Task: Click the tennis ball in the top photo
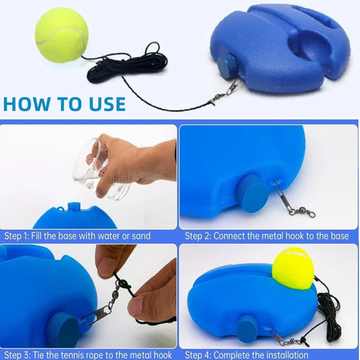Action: pyautogui.click(x=62, y=35)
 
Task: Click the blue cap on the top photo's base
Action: pyautogui.click(x=226, y=64)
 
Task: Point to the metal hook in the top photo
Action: pyautogui.click(x=224, y=93)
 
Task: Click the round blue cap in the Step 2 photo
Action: pyautogui.click(x=253, y=194)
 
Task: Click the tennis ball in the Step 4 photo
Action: pyautogui.click(x=292, y=267)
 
